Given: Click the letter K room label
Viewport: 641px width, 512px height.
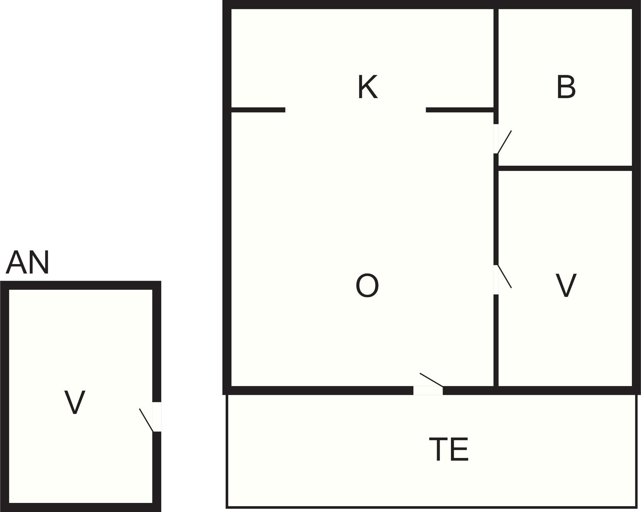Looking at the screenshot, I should coord(368,87).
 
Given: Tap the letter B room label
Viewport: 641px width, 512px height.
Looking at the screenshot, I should coord(566,87).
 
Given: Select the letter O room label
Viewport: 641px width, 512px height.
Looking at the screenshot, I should coord(367,285).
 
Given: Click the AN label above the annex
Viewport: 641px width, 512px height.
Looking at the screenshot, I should coord(28,262).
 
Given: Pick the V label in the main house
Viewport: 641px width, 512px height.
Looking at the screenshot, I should coord(566,285).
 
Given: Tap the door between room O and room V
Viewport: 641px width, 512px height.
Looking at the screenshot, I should coord(496,280).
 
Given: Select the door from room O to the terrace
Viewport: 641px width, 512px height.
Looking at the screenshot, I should coord(428,390).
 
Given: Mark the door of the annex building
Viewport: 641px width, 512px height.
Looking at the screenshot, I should coord(157,417).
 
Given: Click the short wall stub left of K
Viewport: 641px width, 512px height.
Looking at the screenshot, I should coord(258,110).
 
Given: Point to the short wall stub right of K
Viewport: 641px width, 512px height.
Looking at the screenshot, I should coord(460,110).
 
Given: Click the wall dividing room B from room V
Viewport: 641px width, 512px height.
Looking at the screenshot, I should coord(565,168).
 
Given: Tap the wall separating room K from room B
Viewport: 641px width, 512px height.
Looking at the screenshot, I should coord(496,58).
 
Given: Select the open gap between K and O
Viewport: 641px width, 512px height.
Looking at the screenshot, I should coord(355,110).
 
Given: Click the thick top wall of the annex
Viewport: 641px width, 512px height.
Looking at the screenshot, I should coord(81,285).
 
